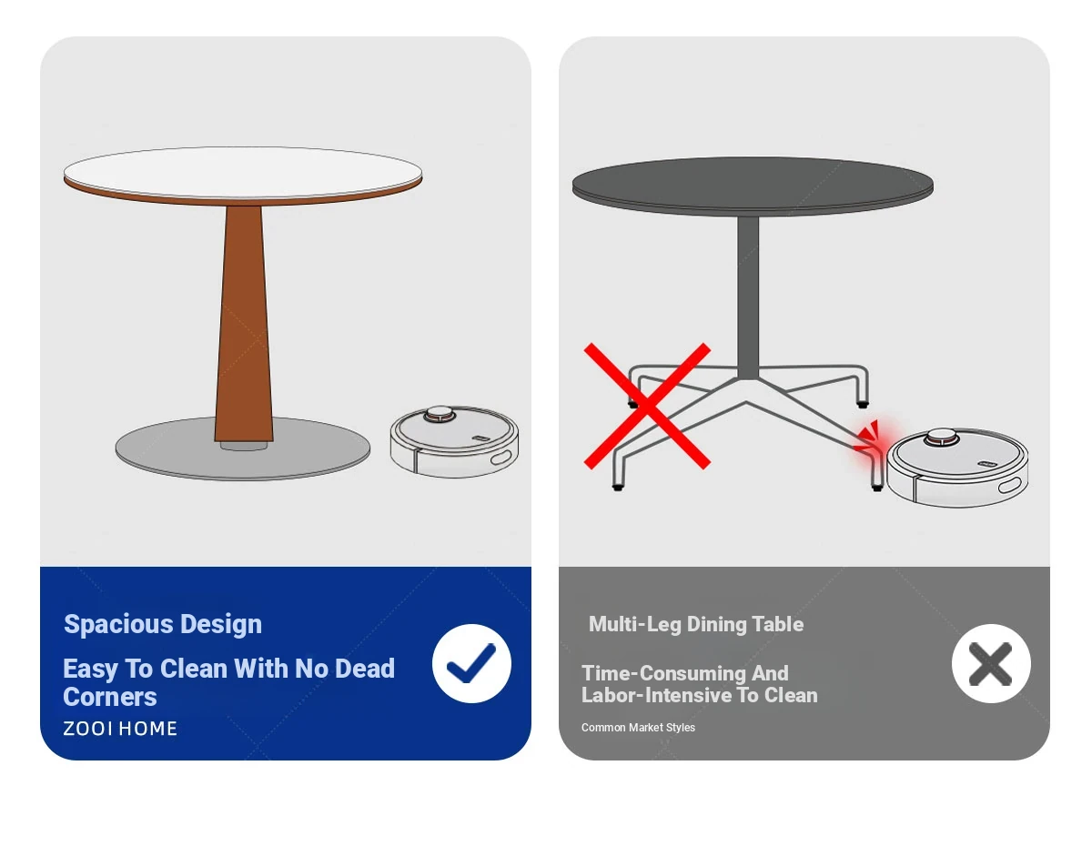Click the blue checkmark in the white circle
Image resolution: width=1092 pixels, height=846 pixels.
point(470,663)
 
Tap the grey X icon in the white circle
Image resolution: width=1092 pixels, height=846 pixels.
point(990,664)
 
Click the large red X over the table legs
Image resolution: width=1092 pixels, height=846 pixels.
point(647,406)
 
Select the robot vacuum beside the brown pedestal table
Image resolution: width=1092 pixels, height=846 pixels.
point(454,441)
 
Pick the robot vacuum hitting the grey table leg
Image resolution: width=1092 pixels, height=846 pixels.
point(957,468)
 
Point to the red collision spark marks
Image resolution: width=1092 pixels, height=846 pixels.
point(868,435)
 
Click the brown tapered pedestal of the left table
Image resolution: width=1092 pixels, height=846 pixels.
point(244,324)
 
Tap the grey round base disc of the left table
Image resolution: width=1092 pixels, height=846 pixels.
point(243,448)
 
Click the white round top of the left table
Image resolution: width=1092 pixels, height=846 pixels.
point(243,172)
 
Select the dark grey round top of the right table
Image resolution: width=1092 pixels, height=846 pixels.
point(753,185)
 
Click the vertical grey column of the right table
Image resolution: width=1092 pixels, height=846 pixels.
point(748,297)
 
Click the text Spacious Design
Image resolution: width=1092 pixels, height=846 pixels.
point(163,624)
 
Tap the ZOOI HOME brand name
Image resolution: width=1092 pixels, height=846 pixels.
point(120,729)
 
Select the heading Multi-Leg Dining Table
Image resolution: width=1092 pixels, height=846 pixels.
point(696,624)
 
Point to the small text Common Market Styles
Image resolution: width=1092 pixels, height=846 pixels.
point(638,727)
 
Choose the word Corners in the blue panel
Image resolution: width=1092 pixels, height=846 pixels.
point(110,697)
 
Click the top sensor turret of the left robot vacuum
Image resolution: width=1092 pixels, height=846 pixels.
point(440,414)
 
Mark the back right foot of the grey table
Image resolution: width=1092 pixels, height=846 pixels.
point(863,403)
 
